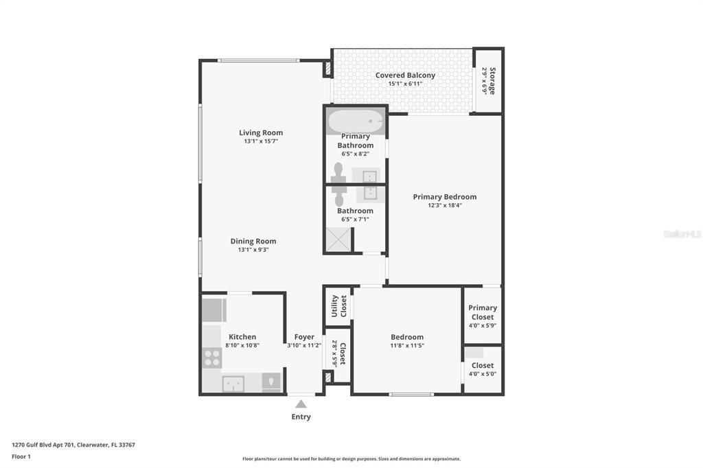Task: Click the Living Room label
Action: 261,132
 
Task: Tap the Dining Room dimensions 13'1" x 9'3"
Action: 253,250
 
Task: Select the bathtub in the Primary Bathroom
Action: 355,121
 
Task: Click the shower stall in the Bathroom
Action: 338,239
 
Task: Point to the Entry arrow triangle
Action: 301,404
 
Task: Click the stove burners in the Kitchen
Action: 212,358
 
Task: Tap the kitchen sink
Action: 233,383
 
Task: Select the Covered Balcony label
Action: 405,75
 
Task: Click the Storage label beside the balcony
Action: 492,80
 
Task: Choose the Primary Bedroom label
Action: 444,197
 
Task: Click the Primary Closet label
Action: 483,312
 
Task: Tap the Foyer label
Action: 304,337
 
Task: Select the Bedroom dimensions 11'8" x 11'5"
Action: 407,346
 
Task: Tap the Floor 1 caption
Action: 21,456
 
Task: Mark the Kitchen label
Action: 242,337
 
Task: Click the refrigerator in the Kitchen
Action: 214,310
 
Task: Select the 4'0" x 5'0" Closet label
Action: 483,369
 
